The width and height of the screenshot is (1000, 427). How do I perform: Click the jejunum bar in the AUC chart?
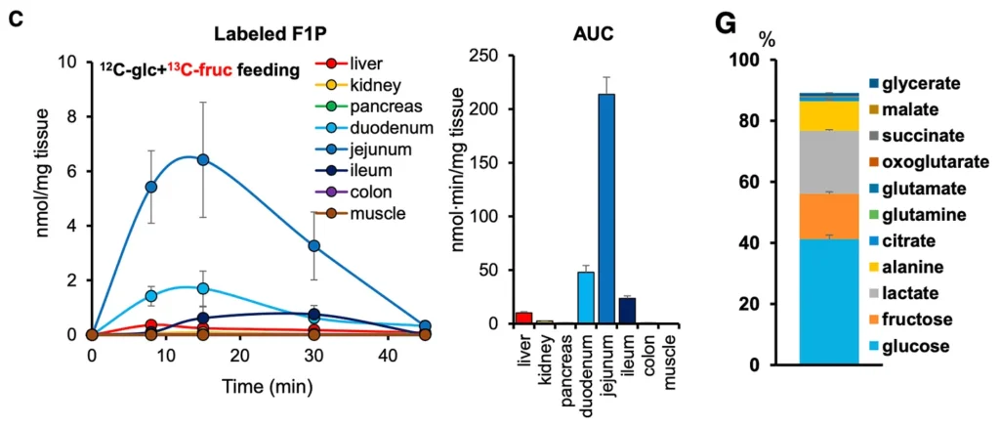tap(606, 209)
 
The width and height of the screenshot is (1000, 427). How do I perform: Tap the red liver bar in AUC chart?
tap(523, 319)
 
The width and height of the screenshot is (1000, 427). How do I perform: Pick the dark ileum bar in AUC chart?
tap(627, 312)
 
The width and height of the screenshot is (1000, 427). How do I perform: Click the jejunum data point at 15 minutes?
tap(202, 159)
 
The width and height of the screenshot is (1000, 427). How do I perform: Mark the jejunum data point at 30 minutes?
tap(314, 246)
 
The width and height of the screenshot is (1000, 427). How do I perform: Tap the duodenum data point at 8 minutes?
tap(151, 295)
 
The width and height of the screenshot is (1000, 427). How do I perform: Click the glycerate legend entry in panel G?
tap(917, 85)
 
